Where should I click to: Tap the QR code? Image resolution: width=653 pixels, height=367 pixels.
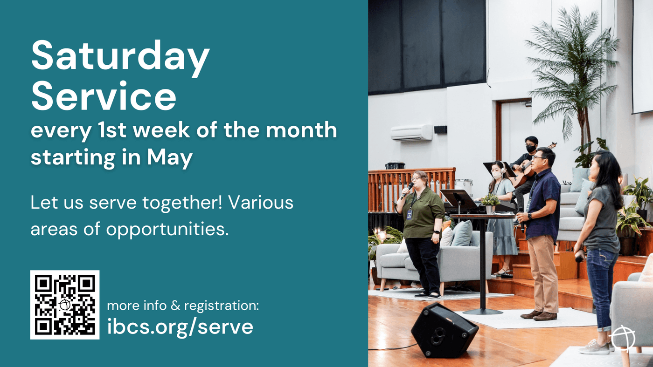point(65,305)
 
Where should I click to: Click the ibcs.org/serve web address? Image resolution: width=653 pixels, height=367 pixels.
point(180,327)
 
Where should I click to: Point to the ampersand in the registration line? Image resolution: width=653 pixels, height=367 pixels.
point(175,306)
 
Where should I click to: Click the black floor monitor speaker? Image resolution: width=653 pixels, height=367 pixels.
point(444,330)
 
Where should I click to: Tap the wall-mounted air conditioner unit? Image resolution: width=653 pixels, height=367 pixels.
point(411,133)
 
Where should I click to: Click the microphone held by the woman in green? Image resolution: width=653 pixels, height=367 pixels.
point(407,190)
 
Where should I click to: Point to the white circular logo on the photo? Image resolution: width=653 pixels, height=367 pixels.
point(623,339)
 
